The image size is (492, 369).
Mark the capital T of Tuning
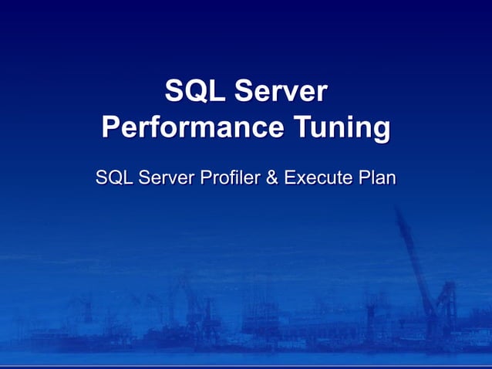coord(302,127)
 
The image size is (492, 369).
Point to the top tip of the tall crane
coord(398,208)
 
